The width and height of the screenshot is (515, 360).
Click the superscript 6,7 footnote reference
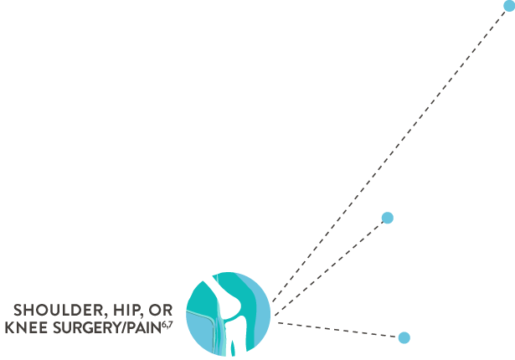pos(167,324)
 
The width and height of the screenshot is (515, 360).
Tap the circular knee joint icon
pos(229,314)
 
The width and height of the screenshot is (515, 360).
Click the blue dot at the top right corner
pos(508,6)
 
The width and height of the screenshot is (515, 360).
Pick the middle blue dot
pos(387,218)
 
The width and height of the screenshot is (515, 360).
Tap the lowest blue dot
pos(404,337)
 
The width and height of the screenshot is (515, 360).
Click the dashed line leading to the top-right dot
pos(394,151)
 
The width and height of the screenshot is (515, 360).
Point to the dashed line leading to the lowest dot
pos(339,329)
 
